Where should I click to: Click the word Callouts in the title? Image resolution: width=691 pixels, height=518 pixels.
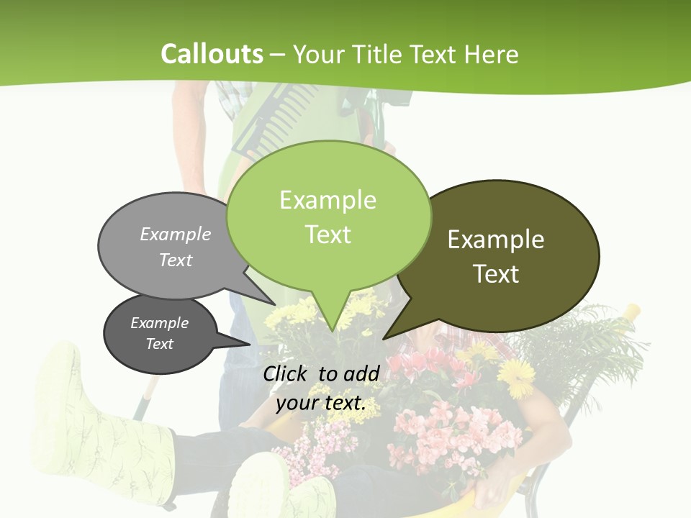click(x=212, y=54)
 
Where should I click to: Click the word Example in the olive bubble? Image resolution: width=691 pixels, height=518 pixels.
click(x=496, y=240)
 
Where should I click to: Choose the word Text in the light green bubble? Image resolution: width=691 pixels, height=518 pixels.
click(x=328, y=235)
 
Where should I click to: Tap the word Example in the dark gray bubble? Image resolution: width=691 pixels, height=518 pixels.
click(x=160, y=323)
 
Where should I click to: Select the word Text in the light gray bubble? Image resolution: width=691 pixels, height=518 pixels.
click(x=176, y=260)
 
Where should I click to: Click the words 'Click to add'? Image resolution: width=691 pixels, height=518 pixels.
click(x=321, y=373)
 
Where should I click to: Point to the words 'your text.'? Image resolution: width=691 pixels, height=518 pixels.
click(x=321, y=403)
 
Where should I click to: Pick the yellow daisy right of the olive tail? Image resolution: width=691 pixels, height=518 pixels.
click(x=516, y=376)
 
